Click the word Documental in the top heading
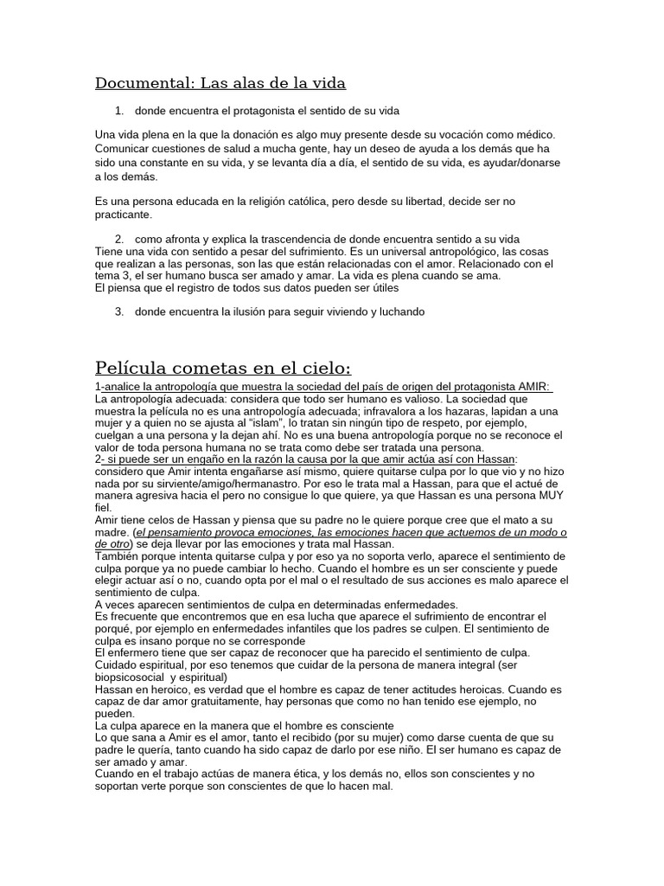(143, 83)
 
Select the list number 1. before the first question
(119, 111)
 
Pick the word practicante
(123, 214)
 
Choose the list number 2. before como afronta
(119, 239)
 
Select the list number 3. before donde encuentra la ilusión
(119, 311)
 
